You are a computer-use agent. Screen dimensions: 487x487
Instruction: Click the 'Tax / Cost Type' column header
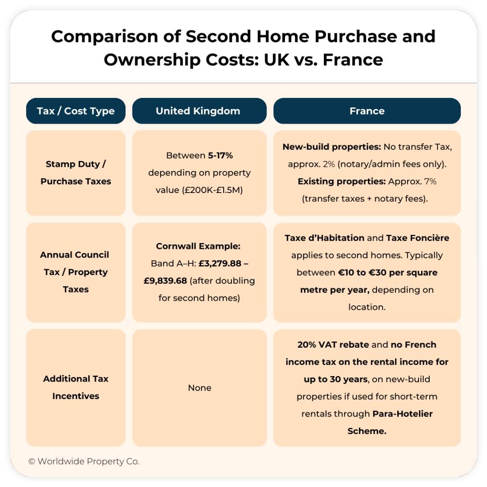(x=76, y=111)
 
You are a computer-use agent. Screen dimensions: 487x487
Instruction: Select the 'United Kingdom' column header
(x=199, y=111)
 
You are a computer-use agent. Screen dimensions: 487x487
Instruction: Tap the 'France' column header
(x=367, y=111)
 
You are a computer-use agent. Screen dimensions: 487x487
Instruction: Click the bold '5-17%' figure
(x=220, y=155)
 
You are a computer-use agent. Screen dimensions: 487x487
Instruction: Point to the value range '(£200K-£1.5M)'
(x=212, y=190)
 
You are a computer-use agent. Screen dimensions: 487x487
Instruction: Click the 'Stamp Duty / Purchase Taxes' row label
(x=76, y=172)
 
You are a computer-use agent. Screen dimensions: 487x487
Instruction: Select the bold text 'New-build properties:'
(x=332, y=147)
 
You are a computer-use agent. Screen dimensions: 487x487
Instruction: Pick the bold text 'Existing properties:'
(x=342, y=181)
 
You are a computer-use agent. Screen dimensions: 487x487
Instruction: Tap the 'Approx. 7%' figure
(x=412, y=181)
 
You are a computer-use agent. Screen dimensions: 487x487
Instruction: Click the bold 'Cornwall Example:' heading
(x=198, y=246)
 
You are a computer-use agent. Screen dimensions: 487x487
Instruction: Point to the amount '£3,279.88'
(x=220, y=263)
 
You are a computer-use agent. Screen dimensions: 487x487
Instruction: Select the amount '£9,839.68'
(x=165, y=281)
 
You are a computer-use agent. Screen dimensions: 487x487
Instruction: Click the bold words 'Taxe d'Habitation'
(x=325, y=238)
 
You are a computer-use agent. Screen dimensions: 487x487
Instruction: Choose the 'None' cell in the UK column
(x=200, y=388)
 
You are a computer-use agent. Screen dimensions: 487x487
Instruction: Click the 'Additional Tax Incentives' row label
(x=76, y=387)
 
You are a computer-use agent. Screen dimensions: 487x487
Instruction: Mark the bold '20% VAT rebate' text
(x=333, y=345)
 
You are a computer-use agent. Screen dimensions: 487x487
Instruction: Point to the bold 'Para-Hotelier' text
(x=403, y=413)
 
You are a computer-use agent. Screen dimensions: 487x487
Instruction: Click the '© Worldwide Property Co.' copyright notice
(x=84, y=462)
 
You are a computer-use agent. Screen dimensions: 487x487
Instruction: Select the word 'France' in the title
(x=353, y=60)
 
